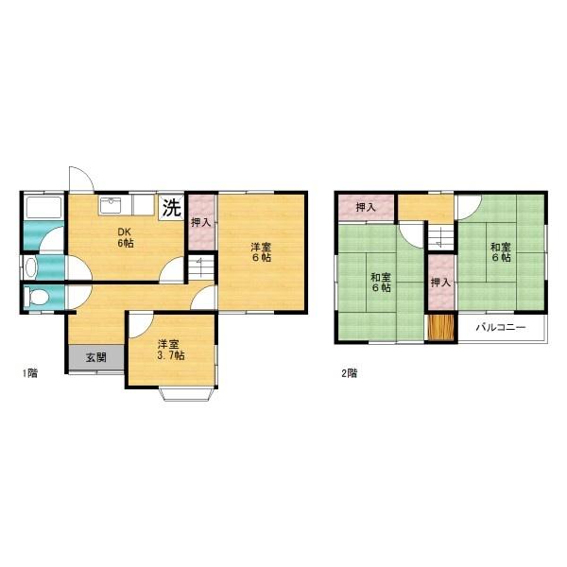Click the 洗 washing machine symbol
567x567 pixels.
click(171, 207)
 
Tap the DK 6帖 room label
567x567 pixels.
click(125, 237)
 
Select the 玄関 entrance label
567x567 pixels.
click(96, 357)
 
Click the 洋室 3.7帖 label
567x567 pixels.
click(171, 350)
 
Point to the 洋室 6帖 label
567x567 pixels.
click(261, 252)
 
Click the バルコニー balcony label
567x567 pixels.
click(501, 328)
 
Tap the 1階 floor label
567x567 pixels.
click(30, 373)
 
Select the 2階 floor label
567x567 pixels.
click(350, 373)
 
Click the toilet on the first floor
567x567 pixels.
click(36, 298)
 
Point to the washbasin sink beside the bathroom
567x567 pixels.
click(30, 268)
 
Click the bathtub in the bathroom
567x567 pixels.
click(43, 208)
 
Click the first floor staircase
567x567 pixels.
click(200, 268)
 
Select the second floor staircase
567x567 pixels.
click(440, 236)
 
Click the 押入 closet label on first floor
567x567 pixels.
click(200, 222)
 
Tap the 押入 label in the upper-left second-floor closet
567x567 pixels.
click(366, 207)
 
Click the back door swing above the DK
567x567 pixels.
click(81, 179)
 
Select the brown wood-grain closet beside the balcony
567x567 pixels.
click(440, 327)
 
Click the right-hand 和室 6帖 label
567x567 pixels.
click(501, 252)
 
